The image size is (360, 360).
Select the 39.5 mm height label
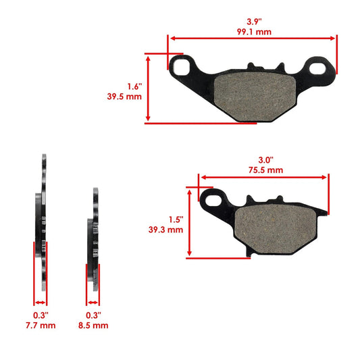tap(128, 97)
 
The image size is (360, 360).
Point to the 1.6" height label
tap(134, 86)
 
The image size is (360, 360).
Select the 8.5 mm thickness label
tap(93, 325)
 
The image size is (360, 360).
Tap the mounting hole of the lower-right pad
tap(215, 199)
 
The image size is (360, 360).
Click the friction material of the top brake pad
tap(249, 97)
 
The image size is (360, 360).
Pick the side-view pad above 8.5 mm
tap(95, 243)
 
